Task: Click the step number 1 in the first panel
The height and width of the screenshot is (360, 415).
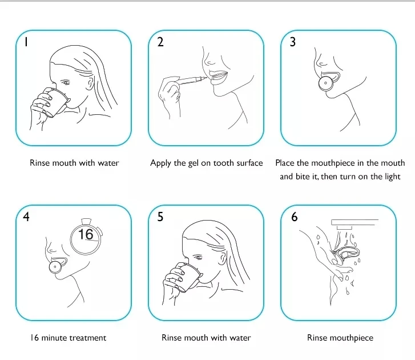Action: coord(26,42)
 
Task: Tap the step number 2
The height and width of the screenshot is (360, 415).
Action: coord(160,42)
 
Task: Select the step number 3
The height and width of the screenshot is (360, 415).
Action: coord(293,42)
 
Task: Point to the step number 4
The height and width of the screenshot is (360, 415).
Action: coord(26,217)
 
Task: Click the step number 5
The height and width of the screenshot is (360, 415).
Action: coord(160,217)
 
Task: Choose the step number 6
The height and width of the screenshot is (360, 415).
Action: coord(295,217)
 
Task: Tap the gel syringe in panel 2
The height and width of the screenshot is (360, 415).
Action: coord(191,80)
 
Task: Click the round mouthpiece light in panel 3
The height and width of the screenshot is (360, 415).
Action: coord(325,83)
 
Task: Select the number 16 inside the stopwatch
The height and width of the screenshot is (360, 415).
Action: coord(86,234)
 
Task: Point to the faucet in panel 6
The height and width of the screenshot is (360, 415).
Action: coord(354,224)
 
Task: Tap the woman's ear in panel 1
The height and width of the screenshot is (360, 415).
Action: coord(91,83)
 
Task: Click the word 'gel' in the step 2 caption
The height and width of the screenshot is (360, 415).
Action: coord(193,163)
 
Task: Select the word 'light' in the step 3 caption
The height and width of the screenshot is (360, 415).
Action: coord(393,177)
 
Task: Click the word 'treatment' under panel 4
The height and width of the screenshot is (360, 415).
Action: coord(87,338)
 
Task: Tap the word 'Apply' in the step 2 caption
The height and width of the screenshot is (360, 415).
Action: coord(160,163)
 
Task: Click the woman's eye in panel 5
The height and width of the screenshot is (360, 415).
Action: coord(198,257)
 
